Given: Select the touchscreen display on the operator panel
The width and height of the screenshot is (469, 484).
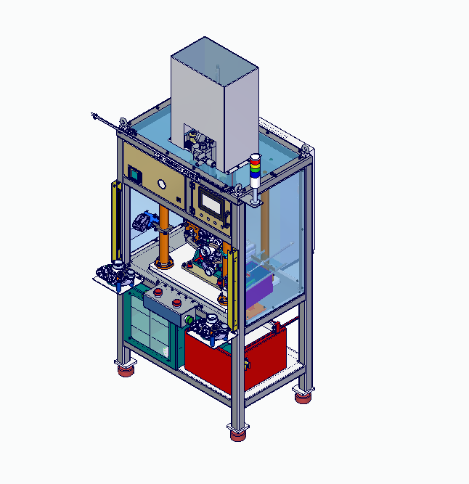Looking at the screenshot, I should click(213, 203).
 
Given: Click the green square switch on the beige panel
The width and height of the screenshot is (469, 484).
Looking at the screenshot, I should click(134, 173).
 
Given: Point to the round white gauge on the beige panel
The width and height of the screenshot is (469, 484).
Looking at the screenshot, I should click(162, 184).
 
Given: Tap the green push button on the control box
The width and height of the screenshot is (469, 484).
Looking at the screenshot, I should click(189, 319).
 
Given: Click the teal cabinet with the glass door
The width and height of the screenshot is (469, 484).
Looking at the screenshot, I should click(149, 326).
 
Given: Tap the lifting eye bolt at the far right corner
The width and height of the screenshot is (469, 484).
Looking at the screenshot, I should click(307, 150).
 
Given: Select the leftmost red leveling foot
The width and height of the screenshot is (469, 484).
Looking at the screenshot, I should click(126, 371).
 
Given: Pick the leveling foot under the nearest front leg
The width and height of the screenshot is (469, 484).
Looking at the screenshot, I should click(237, 435).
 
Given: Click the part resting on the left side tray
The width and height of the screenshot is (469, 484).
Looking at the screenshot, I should click(114, 274).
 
